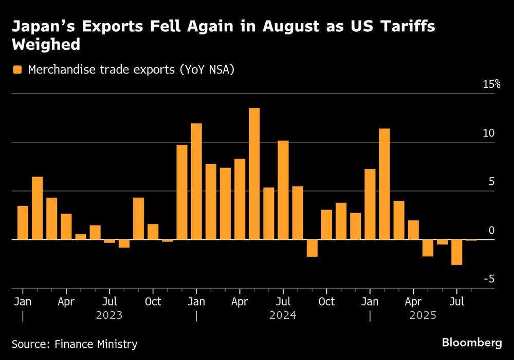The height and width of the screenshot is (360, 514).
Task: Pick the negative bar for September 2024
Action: pyautogui.click(x=312, y=248)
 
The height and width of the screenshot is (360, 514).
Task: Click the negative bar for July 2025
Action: pyautogui.click(x=456, y=252)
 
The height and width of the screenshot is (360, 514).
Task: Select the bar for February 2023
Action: pyautogui.click(x=37, y=208)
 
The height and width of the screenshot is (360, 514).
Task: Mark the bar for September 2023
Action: pyautogui.click(x=138, y=218)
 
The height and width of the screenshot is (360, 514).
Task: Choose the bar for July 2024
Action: pyautogui.click(x=283, y=190)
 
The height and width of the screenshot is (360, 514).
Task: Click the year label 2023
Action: pyautogui.click(x=109, y=315)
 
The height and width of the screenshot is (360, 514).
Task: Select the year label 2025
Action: pyautogui.click(x=423, y=315)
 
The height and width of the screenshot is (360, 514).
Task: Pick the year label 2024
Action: pyautogui.click(x=283, y=315)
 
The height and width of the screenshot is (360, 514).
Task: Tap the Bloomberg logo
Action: pyautogui.click(x=471, y=343)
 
